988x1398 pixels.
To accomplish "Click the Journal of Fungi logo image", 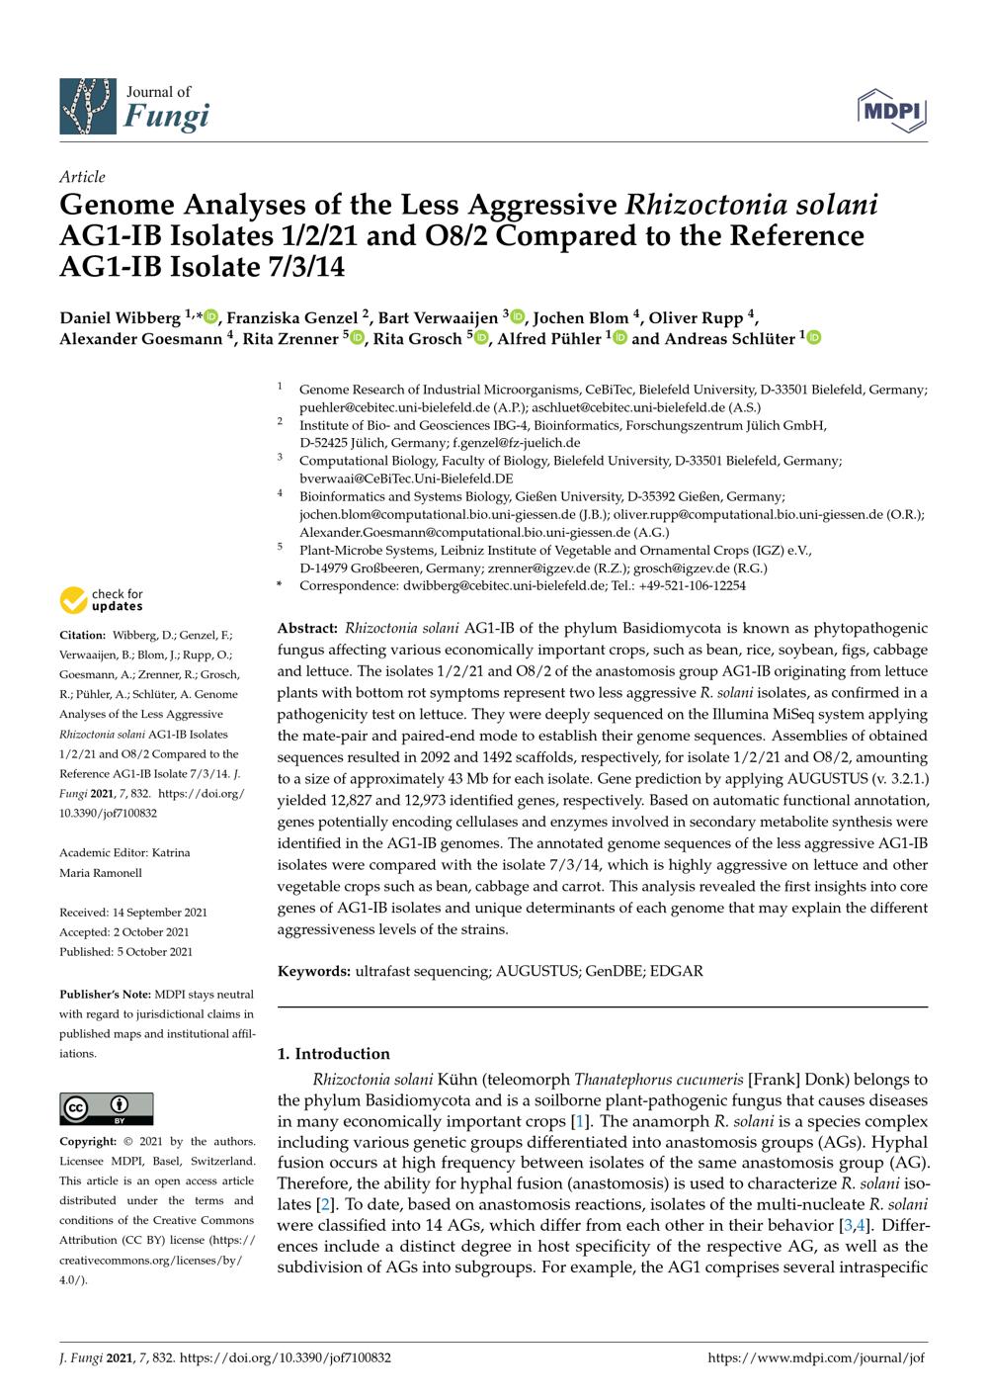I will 89,107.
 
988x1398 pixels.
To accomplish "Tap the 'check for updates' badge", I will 101,600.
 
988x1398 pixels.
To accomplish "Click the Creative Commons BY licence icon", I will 107,1108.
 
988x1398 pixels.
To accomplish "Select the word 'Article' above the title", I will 82,177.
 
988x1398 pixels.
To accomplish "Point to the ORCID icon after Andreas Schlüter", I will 814,338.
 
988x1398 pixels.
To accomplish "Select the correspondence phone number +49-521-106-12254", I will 698,585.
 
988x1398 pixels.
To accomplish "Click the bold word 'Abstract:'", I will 308,629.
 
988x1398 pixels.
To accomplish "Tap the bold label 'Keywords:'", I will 314,971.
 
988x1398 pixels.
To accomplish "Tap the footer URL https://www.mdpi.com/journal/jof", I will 817,1358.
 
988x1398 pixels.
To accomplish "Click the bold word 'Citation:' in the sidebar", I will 82,636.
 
